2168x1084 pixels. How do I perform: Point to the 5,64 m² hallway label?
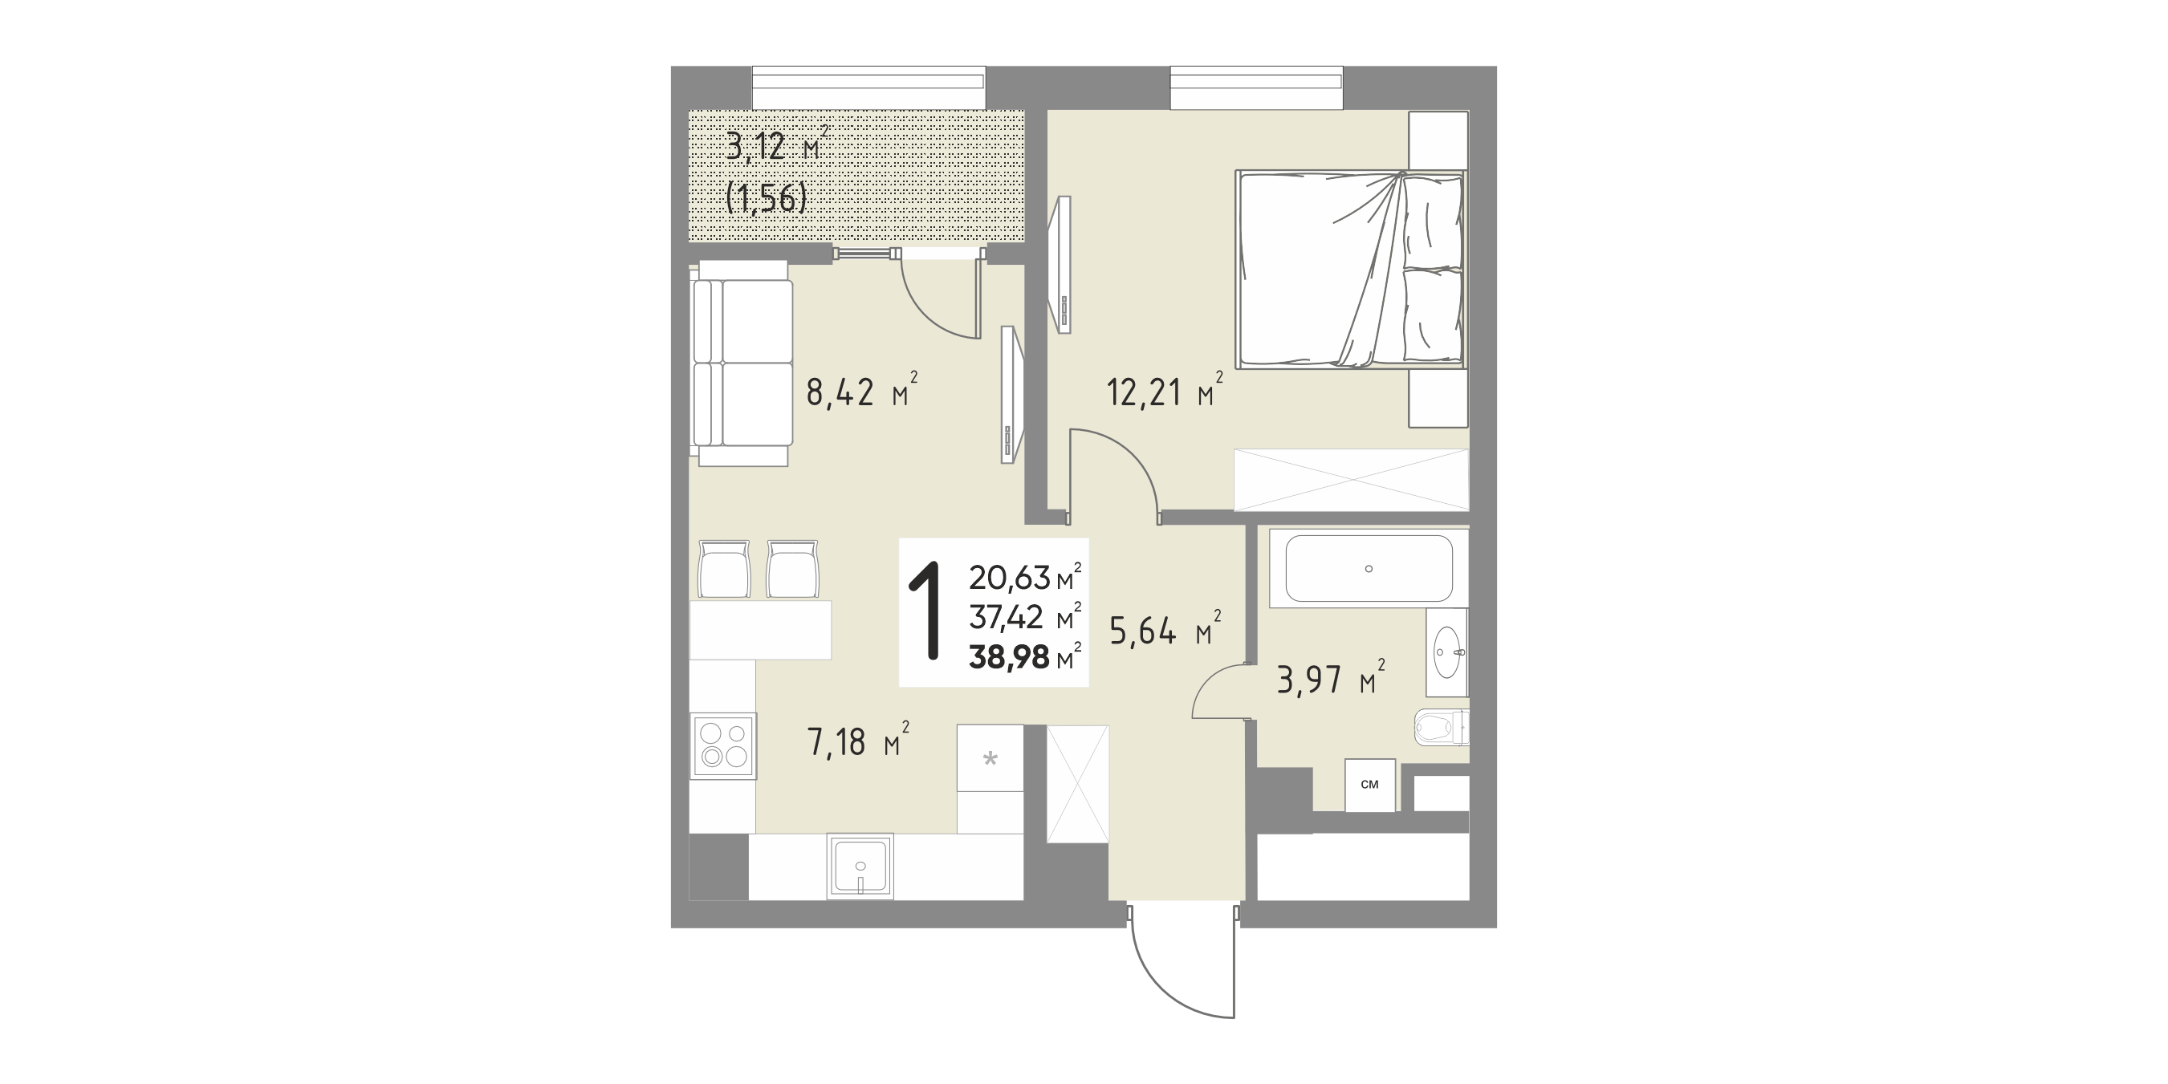(1165, 631)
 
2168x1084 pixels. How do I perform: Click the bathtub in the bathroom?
(1369, 569)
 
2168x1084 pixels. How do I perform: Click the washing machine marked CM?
(1370, 786)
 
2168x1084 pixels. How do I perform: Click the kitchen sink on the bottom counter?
(271, 866)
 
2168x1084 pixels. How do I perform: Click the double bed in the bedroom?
(1351, 270)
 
